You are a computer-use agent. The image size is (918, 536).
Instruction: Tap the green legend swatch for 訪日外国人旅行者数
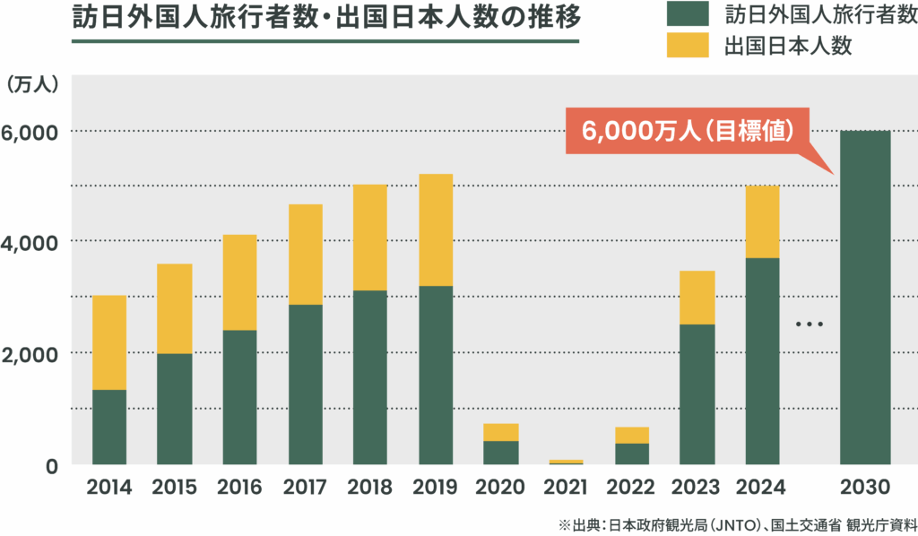pyautogui.click(x=688, y=15)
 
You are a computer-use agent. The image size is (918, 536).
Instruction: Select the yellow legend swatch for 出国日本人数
pyautogui.click(x=688, y=47)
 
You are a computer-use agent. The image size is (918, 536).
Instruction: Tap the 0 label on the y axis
pyautogui.click(x=51, y=466)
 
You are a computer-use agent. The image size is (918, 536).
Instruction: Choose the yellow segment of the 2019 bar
pyautogui.click(x=436, y=229)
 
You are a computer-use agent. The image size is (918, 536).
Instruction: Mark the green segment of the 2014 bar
pyautogui.click(x=109, y=427)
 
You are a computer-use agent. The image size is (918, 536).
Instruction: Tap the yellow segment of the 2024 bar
pyautogui.click(x=762, y=221)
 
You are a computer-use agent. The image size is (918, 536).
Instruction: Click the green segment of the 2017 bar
pyautogui.click(x=305, y=384)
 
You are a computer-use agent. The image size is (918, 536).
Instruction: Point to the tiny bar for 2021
pyautogui.click(x=566, y=462)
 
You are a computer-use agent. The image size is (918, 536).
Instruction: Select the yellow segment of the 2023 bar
pyautogui.click(x=697, y=298)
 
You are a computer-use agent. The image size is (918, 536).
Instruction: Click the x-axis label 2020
pyautogui.click(x=501, y=488)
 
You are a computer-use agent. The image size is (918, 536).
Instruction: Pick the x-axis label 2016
pyautogui.click(x=239, y=488)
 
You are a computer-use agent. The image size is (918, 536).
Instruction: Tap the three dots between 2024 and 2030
pyautogui.click(x=809, y=324)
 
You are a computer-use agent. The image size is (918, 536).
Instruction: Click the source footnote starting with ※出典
pyautogui.click(x=737, y=524)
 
